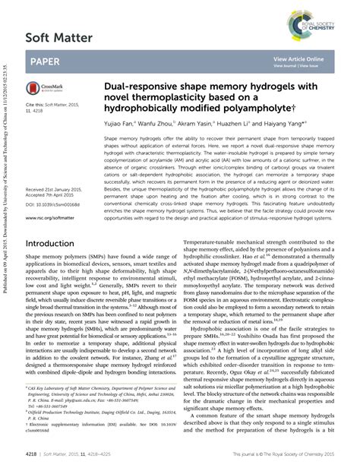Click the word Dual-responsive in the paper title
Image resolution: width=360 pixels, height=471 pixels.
[138, 87]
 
